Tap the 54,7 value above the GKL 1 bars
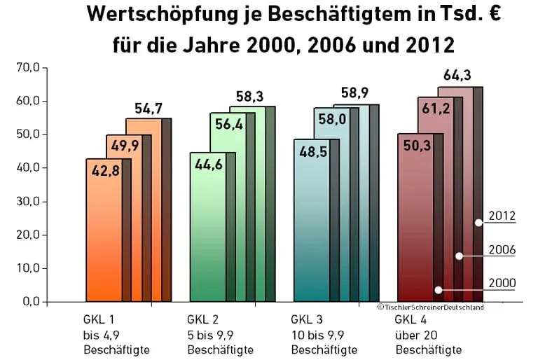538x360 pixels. coord(149,109)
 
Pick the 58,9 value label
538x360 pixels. coord(354,93)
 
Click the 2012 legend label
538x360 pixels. coord(502,216)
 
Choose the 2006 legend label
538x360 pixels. coord(502,250)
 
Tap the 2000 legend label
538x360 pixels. coord(502,284)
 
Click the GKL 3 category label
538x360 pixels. coord(305,320)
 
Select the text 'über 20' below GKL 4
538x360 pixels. coord(413,335)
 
